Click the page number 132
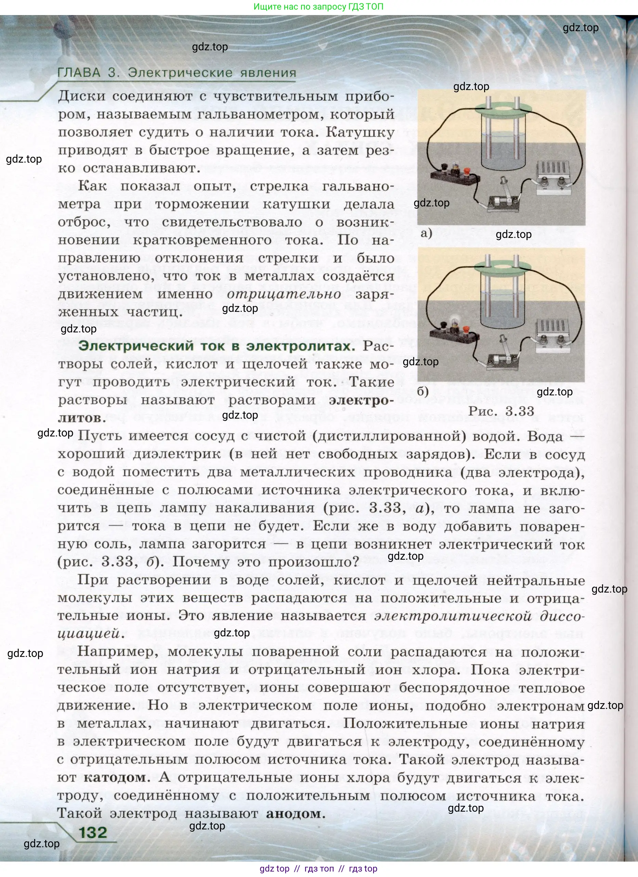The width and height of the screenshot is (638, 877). [x=93, y=832]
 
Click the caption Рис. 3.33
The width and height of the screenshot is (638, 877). [x=501, y=411]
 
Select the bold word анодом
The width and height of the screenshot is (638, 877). [x=294, y=813]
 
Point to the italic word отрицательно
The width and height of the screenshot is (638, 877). [x=284, y=294]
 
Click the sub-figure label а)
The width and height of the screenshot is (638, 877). [x=426, y=233]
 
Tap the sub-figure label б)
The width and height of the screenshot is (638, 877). [x=423, y=391]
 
